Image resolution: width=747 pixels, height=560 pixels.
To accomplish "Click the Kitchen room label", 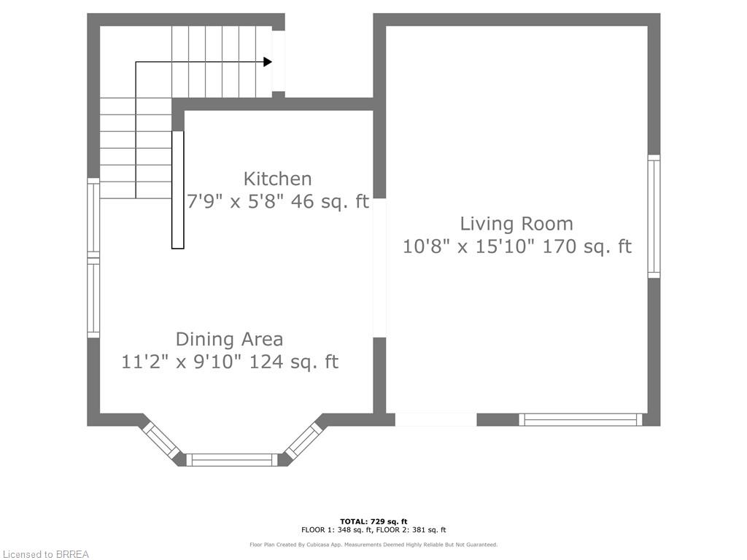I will point(277,179).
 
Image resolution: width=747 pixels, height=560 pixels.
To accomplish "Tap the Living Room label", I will point(516,224).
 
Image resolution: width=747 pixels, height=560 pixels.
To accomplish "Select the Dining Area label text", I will point(229,339).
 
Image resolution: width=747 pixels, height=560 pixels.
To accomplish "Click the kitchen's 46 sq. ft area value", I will point(330,202).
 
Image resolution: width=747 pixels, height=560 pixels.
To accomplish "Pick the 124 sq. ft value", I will point(294,362).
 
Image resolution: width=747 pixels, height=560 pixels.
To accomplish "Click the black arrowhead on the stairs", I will point(268,62).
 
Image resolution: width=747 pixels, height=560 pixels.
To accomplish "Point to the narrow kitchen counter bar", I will point(177,190).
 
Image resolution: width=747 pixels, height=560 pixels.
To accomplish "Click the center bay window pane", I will point(233,459).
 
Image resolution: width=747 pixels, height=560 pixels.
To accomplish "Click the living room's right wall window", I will point(654,216).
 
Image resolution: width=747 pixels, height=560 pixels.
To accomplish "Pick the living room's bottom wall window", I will point(580,419).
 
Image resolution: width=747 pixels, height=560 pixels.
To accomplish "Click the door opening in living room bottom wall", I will point(436,419).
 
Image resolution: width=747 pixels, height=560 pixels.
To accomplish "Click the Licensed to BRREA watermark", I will point(44,554).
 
